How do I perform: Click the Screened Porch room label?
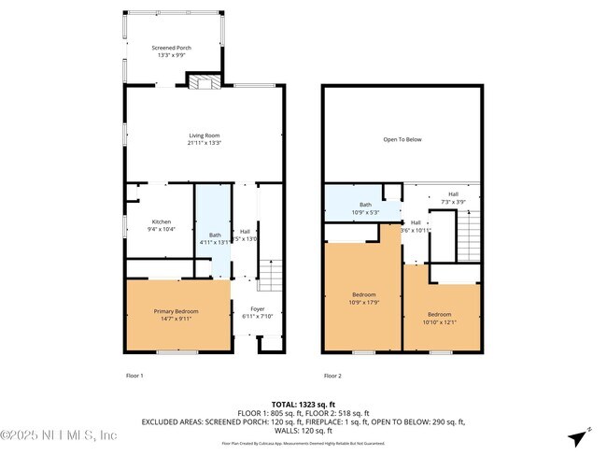tap(172, 49)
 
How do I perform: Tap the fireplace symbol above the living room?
tap(203, 82)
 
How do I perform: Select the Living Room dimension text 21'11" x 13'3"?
tap(204, 143)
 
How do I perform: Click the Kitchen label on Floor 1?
tap(161, 223)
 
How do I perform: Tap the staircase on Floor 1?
tap(269, 276)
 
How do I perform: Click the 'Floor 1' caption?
tap(134, 376)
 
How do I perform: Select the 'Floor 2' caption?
tap(333, 376)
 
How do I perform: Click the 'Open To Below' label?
tap(402, 140)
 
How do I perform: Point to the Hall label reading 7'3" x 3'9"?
tap(453, 197)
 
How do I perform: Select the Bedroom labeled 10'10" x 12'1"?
tap(439, 317)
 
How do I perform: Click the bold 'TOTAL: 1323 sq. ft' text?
tap(303, 404)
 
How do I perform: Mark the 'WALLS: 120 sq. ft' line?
tap(303, 430)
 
